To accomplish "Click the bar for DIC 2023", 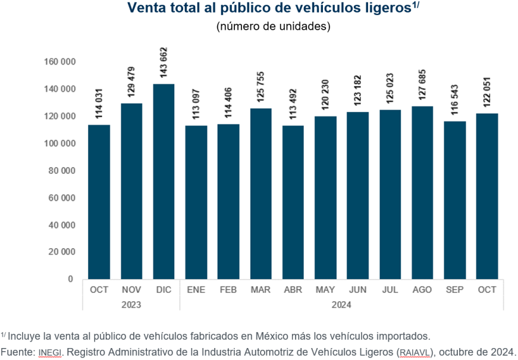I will click(164, 181).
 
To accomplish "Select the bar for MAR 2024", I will click(260, 193).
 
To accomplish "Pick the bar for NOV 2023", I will click(131, 191).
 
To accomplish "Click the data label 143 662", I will click(164, 64).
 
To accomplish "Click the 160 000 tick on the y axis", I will click(59, 62).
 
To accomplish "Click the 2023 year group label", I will click(131, 304).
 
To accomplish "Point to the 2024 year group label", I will click(341, 304).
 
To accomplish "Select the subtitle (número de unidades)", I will click(273, 26).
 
